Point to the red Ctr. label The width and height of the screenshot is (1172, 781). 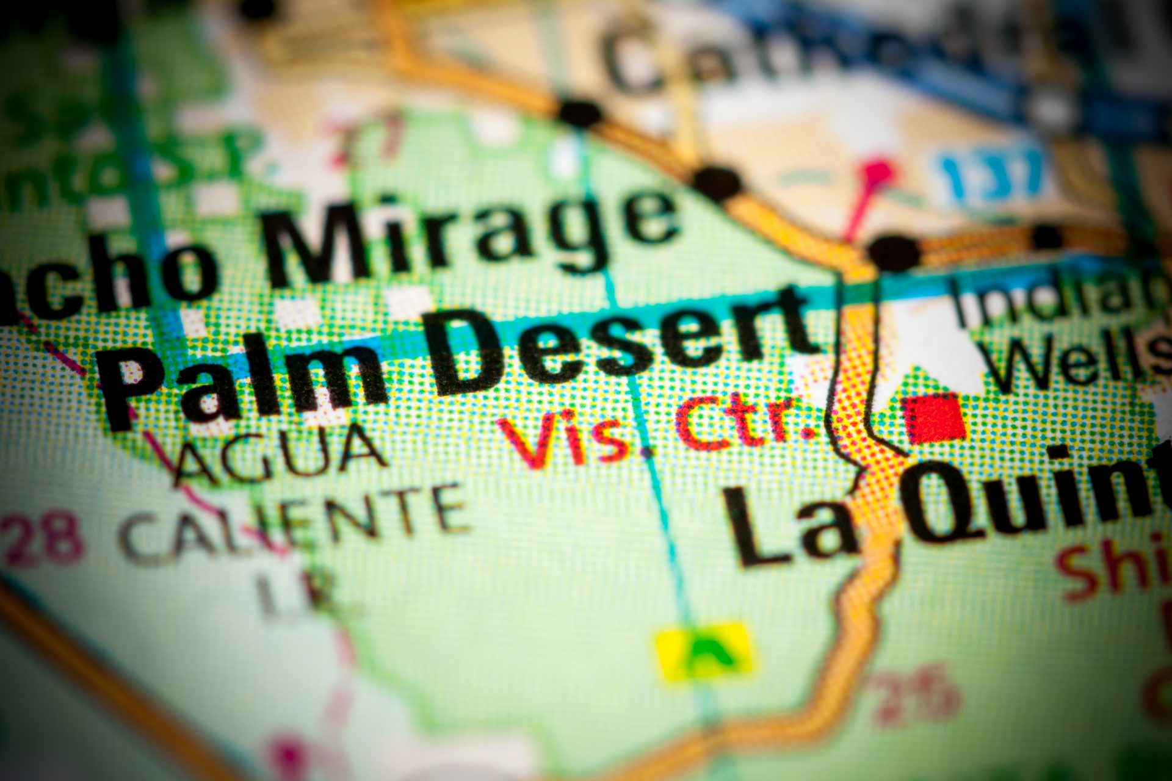(x=745, y=421)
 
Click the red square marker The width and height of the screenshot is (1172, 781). (x=934, y=418)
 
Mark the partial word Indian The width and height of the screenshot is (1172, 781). (x=1062, y=299)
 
